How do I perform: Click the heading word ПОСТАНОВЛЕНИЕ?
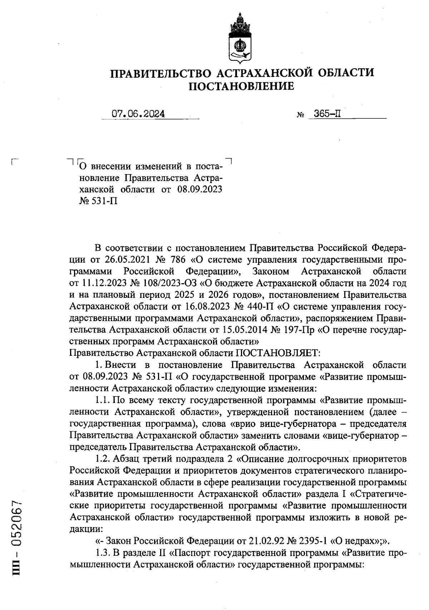(x=241, y=86)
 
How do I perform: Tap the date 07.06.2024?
(x=138, y=114)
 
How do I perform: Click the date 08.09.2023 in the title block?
(x=199, y=189)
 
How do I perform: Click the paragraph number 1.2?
(x=104, y=458)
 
